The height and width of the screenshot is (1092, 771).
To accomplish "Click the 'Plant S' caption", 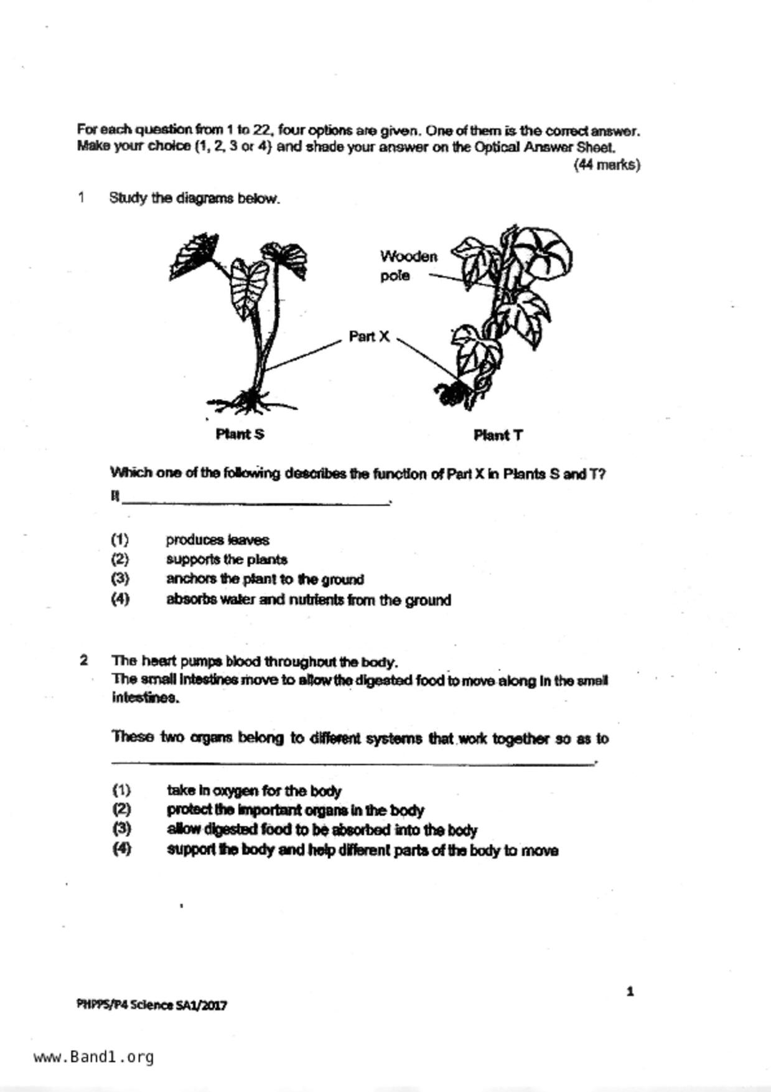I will (240, 434).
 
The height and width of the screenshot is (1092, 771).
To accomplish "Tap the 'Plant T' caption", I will (498, 435).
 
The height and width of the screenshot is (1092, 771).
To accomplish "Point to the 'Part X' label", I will (369, 337).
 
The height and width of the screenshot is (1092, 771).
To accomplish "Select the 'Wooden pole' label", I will (408, 266).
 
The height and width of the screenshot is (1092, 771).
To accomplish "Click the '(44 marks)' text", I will (606, 165).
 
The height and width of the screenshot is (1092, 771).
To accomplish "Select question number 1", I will (81, 198).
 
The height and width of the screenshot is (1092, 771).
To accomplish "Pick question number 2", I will (84, 660).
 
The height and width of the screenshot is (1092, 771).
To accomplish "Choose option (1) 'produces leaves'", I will (217, 540).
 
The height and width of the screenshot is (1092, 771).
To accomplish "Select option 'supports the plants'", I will (227, 559).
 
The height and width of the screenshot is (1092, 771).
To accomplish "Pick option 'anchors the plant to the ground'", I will (264, 579).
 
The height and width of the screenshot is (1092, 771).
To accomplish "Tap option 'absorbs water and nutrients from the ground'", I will (308, 600).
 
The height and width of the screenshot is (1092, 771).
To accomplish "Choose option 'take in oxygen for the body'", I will (254, 791).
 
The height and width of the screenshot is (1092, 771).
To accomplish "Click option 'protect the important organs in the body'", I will (295, 810).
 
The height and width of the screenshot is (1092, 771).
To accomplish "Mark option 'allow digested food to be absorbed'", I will (322, 830).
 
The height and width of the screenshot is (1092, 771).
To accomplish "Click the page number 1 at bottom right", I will (630, 992).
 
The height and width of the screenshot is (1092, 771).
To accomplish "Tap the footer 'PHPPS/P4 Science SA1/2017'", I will (152, 1004).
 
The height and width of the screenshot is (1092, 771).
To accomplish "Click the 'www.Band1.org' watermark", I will (94, 1057).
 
